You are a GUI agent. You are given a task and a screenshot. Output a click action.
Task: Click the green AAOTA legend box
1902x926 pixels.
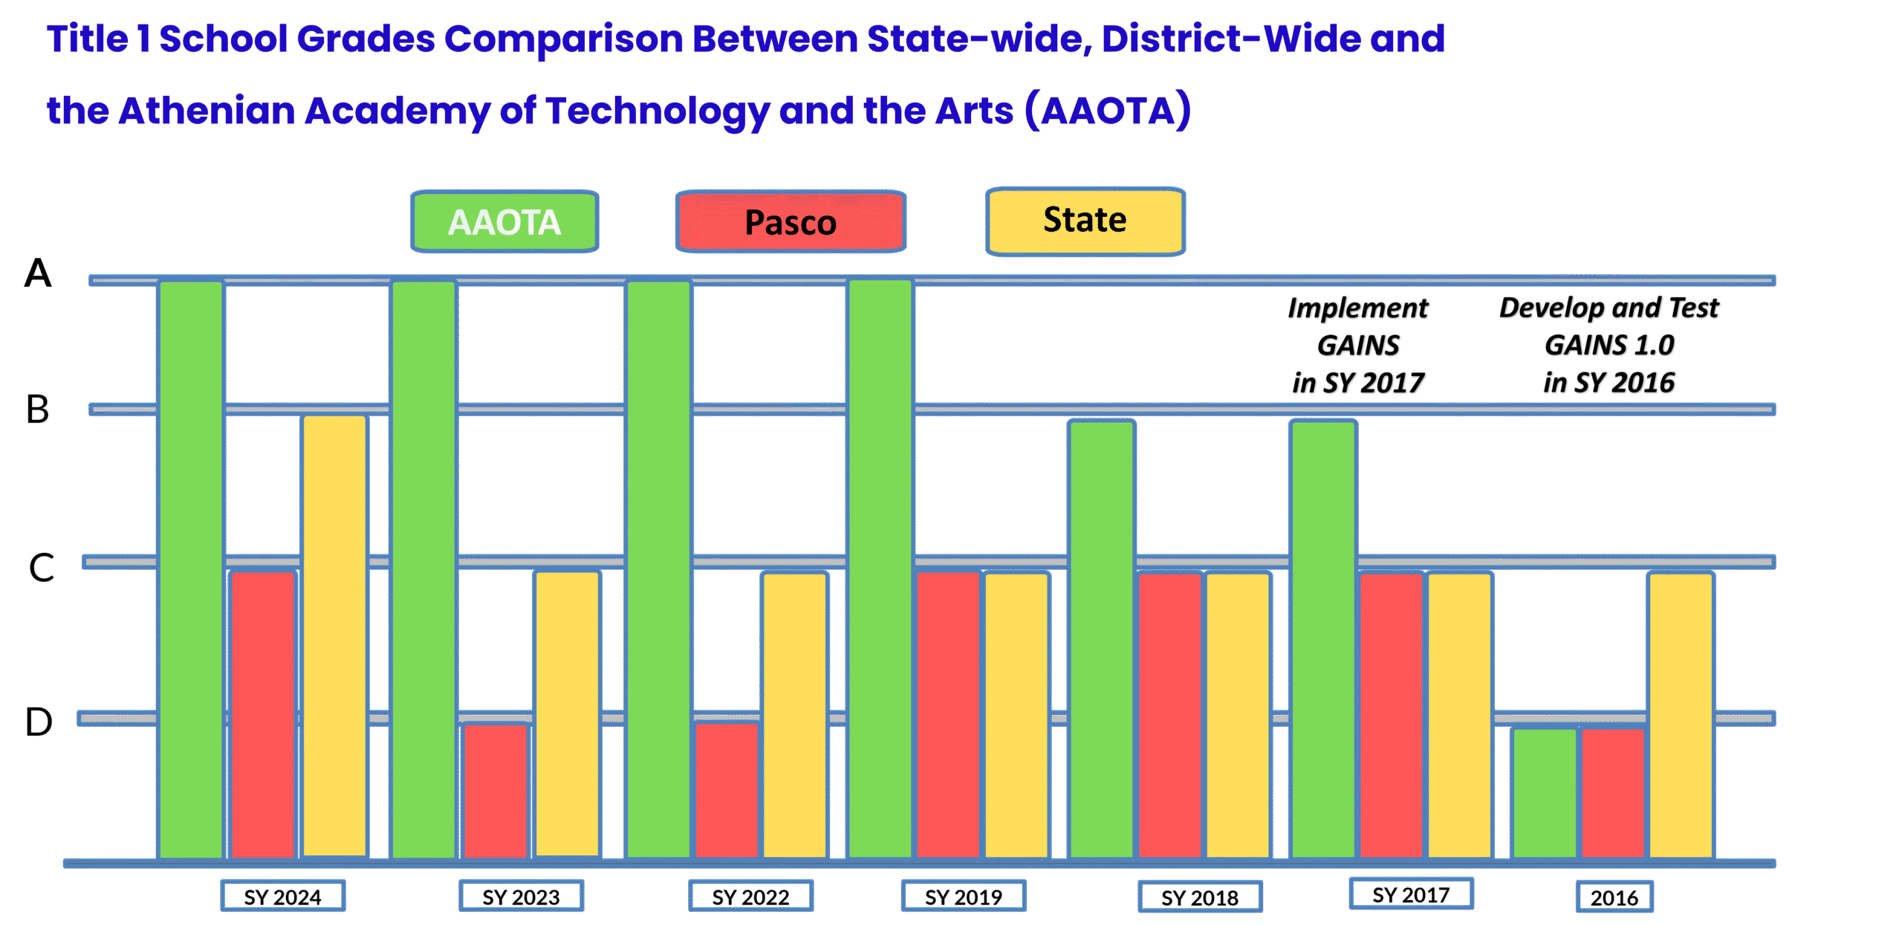pyautogui.click(x=504, y=221)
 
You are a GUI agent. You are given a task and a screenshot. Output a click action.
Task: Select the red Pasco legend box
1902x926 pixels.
pyautogui.click(x=791, y=221)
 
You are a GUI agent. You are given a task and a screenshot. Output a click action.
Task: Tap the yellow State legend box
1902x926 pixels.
pyautogui.click(x=1085, y=221)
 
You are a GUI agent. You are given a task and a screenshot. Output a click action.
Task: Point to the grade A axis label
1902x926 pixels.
pyautogui.click(x=38, y=273)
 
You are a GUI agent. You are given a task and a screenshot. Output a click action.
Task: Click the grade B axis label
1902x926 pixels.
pyautogui.click(x=38, y=409)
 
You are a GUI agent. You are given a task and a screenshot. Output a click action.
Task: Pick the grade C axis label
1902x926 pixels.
pyautogui.click(x=42, y=568)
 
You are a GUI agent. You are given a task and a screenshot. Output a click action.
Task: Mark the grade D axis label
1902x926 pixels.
pyautogui.click(x=39, y=722)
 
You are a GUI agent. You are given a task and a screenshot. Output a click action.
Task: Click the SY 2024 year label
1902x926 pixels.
pyautogui.click(x=282, y=896)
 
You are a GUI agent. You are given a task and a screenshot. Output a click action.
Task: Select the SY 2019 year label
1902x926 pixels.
pyautogui.click(x=963, y=896)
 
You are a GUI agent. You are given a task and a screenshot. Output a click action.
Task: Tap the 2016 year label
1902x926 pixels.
pyautogui.click(x=1614, y=897)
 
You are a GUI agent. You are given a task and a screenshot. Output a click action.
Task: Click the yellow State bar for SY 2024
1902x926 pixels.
pyautogui.click(x=334, y=635)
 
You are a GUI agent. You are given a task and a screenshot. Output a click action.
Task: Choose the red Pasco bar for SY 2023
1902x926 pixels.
pyautogui.click(x=496, y=790)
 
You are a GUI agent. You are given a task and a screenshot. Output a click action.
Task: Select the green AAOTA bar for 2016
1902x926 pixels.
pyautogui.click(x=1545, y=792)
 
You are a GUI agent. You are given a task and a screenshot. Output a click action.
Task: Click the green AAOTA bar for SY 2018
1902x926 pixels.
pyautogui.click(x=1101, y=639)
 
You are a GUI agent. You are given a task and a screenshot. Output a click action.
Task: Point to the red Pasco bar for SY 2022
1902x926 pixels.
pyautogui.click(x=727, y=790)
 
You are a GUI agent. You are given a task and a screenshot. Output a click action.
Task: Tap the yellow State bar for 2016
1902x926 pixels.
pyautogui.click(x=1681, y=713)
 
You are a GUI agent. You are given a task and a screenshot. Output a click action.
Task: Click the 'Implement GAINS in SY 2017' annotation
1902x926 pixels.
pyautogui.click(x=1358, y=346)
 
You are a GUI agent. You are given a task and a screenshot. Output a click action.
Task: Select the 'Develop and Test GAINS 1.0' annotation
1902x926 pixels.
pyautogui.click(x=1609, y=346)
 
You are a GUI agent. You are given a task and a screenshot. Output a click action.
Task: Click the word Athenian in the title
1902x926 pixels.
pyautogui.click(x=206, y=111)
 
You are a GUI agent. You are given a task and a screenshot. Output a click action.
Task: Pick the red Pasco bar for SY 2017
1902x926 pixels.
pyautogui.click(x=1391, y=713)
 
